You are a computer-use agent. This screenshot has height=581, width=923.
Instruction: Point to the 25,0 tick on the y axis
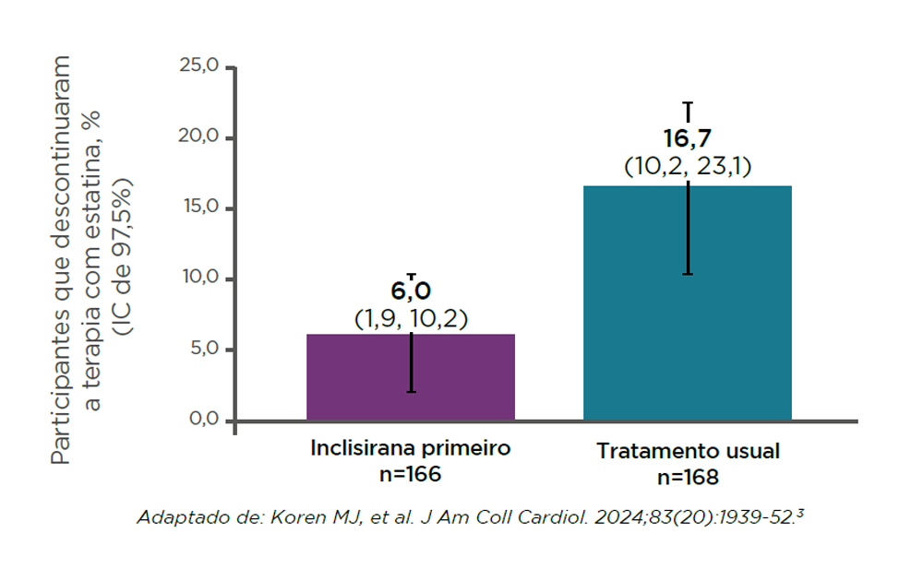pos(198,67)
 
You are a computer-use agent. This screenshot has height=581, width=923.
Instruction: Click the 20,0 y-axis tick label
pos(198,137)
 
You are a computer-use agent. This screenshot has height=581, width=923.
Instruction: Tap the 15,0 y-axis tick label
pos(198,207)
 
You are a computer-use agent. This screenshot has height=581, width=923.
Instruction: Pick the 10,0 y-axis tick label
pos(198,279)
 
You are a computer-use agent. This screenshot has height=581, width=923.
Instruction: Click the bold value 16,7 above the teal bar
pos(688,139)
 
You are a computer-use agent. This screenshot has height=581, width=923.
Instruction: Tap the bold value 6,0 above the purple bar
pos(411,291)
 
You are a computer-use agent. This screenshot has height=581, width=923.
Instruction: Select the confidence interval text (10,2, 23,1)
pos(688,167)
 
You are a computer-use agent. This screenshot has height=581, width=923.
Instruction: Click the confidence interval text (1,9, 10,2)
pos(411,318)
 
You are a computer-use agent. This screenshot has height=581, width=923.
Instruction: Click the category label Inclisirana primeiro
pos(410,449)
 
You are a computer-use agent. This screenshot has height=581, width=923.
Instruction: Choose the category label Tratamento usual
pos(688,452)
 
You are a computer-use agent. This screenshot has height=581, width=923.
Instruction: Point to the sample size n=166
pos(410,474)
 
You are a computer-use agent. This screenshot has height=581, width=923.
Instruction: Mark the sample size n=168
pos(688,478)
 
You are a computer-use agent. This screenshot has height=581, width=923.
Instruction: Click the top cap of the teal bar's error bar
pos(688,103)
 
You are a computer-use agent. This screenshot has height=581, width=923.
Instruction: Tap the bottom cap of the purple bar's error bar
pos(411,392)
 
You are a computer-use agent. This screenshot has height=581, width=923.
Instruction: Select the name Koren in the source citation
pos(294,516)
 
